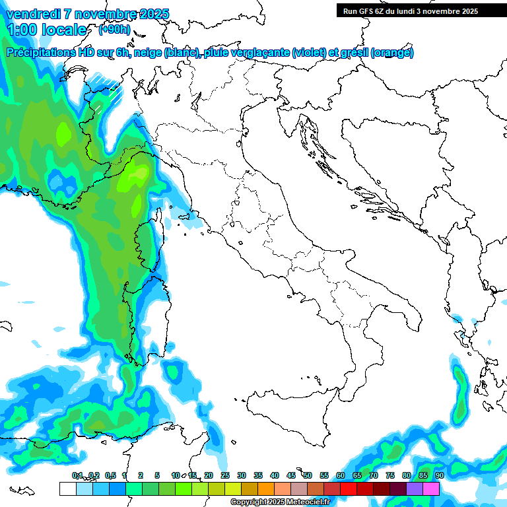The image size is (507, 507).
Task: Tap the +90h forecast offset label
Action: pos(114,30)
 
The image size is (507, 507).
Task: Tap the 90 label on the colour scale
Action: pos(439,475)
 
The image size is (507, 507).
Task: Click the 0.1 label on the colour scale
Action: pos(77,475)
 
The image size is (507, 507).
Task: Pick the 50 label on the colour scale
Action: pos(307,475)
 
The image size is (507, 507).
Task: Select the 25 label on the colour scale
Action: pos(224,475)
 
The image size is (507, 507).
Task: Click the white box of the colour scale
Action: pos(67,489)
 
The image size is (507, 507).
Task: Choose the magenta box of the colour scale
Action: pos(431,489)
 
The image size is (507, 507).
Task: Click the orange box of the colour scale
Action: pos(266,489)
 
